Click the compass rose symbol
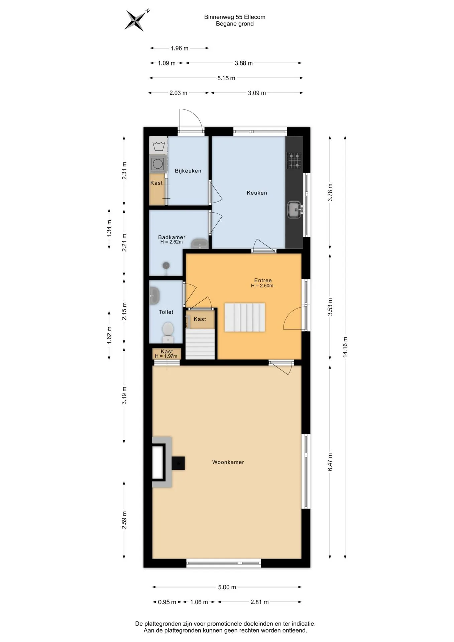[x=135, y=20]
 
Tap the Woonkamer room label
[x=228, y=462]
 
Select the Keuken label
[x=257, y=193]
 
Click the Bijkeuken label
[x=188, y=171]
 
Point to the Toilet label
[x=166, y=312]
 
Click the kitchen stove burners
[x=294, y=160]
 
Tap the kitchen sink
[x=295, y=210]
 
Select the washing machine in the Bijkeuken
[x=158, y=164]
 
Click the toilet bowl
[x=167, y=329]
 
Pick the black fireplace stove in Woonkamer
[x=178, y=463]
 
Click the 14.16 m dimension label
[x=345, y=347]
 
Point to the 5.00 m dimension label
[x=227, y=587]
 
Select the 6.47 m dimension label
[x=330, y=462]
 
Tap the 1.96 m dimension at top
[x=180, y=48]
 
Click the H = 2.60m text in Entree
[x=262, y=286]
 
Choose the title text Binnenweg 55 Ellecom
[x=235, y=17]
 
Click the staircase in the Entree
[x=244, y=317]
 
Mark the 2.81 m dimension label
[x=260, y=602]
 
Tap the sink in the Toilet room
[x=154, y=296]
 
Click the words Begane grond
[x=235, y=24]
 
